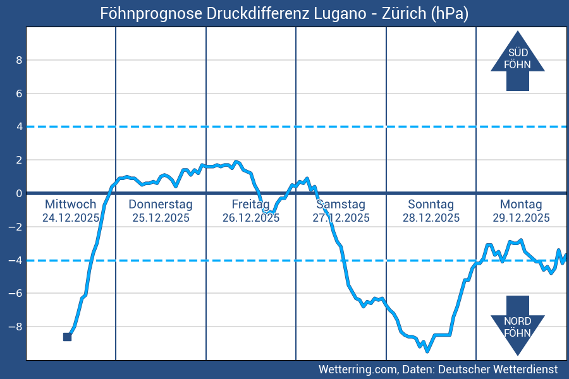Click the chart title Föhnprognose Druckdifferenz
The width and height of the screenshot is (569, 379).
pyautogui.click(x=284, y=13)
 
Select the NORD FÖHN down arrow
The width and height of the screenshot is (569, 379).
pyautogui.click(x=517, y=325)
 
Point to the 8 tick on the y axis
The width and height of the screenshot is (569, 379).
pyautogui.click(x=19, y=60)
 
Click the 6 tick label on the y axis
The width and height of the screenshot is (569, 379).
pyautogui.click(x=19, y=93)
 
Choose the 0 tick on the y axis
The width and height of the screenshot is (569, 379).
pyautogui.click(x=19, y=193)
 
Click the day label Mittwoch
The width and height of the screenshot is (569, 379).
pyautogui.click(x=71, y=204)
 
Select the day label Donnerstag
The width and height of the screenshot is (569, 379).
pyautogui.click(x=161, y=204)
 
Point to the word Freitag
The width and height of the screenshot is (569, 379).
pyautogui.click(x=250, y=204)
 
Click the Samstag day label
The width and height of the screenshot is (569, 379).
pyautogui.click(x=341, y=204)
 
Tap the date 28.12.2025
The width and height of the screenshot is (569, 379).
pyautogui.click(x=431, y=218)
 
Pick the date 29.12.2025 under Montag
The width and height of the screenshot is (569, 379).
pyautogui.click(x=521, y=218)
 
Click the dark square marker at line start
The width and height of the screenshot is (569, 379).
pyautogui.click(x=67, y=337)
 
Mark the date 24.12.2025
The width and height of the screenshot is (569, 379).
pyautogui.click(x=71, y=218)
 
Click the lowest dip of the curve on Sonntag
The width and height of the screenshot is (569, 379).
pyautogui.click(x=427, y=351)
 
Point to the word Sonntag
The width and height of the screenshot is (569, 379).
pyautogui.click(x=431, y=204)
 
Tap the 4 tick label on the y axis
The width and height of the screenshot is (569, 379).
pyautogui.click(x=19, y=126)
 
